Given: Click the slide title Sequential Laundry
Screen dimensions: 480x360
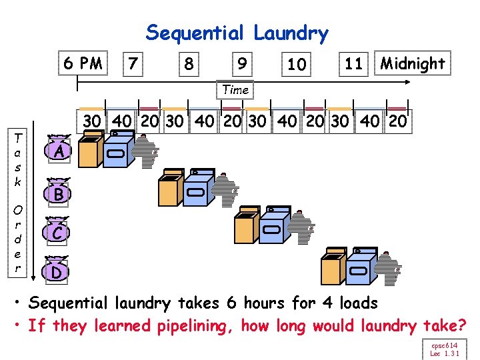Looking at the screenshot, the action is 237,33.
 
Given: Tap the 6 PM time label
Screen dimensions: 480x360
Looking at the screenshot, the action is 83,64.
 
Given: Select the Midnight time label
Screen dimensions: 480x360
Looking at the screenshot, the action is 413,64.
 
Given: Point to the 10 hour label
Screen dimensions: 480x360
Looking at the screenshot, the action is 297,65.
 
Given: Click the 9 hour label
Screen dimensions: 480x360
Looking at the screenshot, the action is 243,65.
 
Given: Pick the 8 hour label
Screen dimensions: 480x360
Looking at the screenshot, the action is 189,65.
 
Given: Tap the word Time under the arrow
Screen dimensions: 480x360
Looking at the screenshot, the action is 235,89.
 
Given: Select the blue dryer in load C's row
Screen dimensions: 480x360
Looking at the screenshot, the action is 273,227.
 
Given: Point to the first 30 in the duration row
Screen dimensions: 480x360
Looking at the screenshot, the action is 92,121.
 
